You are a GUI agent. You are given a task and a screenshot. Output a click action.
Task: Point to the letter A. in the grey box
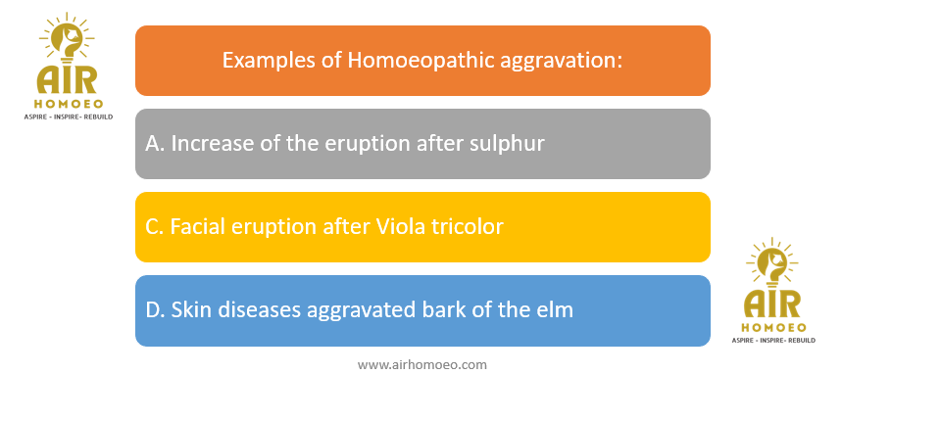(155, 144)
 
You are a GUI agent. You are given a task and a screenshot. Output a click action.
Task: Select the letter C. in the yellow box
(154, 227)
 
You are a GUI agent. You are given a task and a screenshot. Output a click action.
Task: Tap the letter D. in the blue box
(156, 310)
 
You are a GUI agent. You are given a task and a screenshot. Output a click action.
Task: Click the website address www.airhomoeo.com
(421, 364)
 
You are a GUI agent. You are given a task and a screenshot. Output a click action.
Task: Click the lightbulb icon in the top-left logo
(68, 40)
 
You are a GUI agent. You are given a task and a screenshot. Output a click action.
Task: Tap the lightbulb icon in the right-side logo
(773, 264)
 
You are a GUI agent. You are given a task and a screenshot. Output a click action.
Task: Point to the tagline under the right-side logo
(773, 341)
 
